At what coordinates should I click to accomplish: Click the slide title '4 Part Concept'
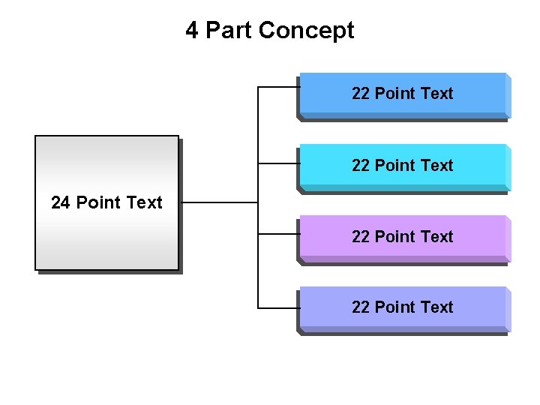pyautogui.click(x=270, y=31)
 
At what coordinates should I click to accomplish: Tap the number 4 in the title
pyautogui.click(x=192, y=31)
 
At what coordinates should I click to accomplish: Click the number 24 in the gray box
pyautogui.click(x=61, y=202)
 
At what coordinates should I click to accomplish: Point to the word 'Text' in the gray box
pyautogui.click(x=145, y=202)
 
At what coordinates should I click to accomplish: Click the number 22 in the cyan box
pyautogui.click(x=361, y=165)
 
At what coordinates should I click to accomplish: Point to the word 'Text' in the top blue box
pyautogui.click(x=437, y=94)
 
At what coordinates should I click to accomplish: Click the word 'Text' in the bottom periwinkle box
pyautogui.click(x=437, y=307)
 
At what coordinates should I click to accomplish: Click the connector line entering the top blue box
pyautogui.click(x=278, y=88)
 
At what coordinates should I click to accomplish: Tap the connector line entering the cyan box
pyautogui.click(x=278, y=161)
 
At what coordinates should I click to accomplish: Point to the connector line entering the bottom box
pyautogui.click(x=278, y=307)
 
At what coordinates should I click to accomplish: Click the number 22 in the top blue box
pyautogui.click(x=361, y=94)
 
